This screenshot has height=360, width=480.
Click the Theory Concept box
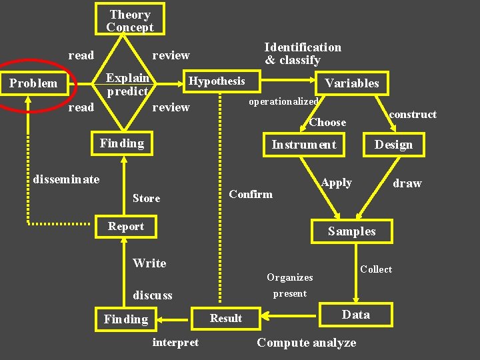(x=130, y=21)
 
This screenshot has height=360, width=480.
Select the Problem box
(x=33, y=83)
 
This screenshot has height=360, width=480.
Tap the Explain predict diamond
(x=127, y=85)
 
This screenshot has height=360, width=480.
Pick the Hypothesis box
(x=217, y=81)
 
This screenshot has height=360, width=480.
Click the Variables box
(x=351, y=83)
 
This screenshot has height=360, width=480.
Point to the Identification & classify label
(x=302, y=53)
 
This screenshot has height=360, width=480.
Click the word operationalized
(x=283, y=101)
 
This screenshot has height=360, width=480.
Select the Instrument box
(x=304, y=145)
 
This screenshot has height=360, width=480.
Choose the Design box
(x=393, y=145)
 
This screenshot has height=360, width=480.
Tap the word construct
(x=413, y=115)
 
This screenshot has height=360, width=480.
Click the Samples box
(x=351, y=231)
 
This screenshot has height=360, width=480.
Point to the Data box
(x=355, y=315)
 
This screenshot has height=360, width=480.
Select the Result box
(x=226, y=318)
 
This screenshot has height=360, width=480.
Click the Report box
(x=126, y=227)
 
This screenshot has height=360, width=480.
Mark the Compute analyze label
(x=306, y=343)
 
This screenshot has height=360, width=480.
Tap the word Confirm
(x=251, y=194)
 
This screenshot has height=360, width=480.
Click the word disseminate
(x=66, y=179)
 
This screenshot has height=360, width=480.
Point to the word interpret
(x=175, y=342)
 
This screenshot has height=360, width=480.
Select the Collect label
(x=376, y=269)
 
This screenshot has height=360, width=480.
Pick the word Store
(x=146, y=198)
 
